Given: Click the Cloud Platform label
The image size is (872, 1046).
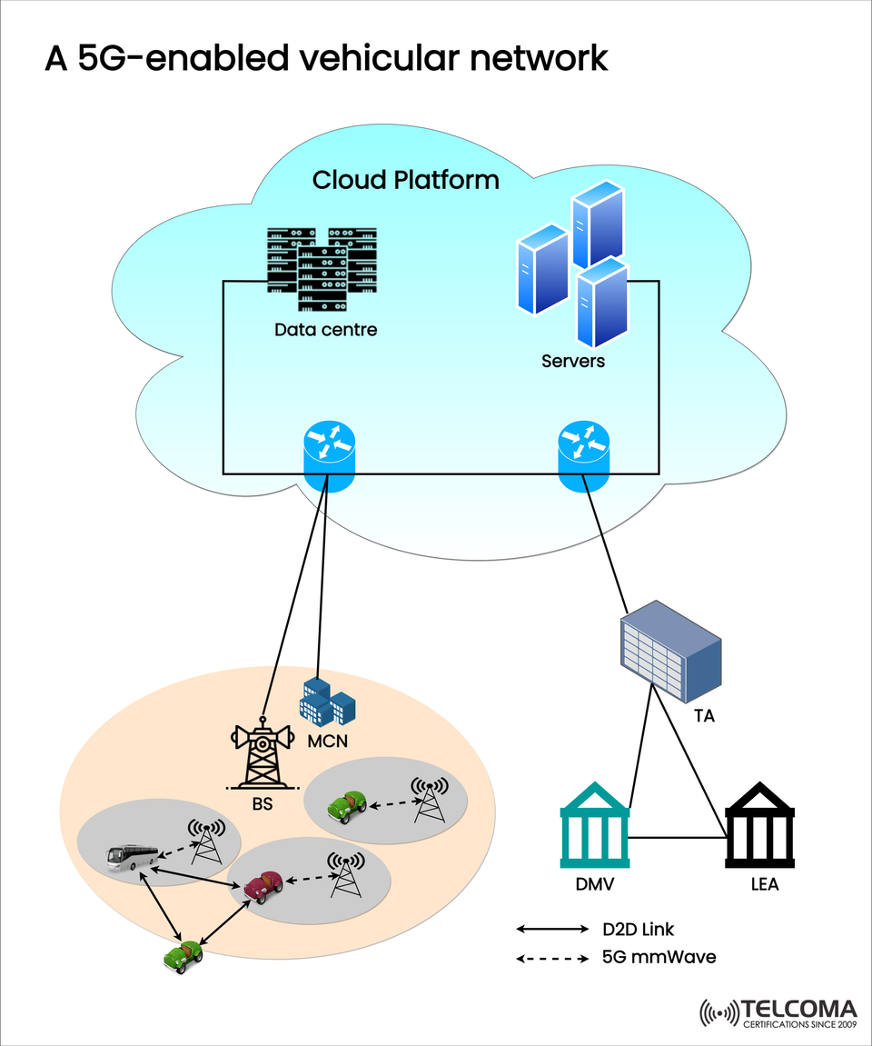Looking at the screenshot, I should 405,180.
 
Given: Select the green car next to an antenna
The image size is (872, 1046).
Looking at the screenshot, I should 348,804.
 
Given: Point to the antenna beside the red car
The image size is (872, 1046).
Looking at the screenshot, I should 344,873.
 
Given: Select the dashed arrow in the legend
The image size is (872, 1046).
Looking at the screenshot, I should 552,958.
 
